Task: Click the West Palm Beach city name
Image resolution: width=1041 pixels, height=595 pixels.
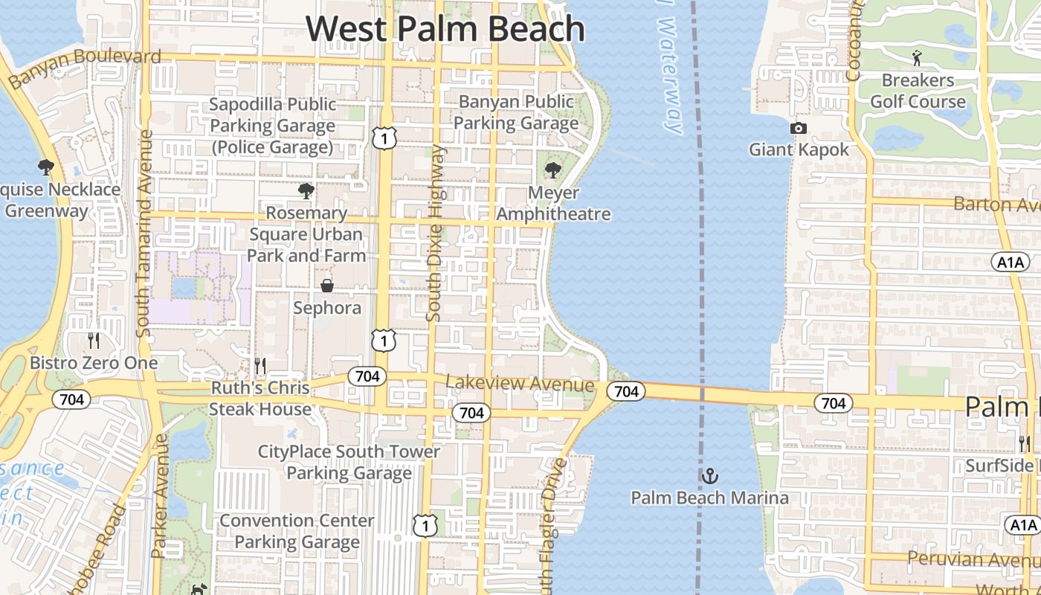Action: tap(445, 28)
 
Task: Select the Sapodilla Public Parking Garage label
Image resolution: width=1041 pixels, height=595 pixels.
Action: tap(272, 126)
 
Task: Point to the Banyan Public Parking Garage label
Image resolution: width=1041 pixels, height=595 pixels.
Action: tap(516, 112)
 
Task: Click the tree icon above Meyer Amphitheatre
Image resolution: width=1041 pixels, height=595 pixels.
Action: tap(552, 170)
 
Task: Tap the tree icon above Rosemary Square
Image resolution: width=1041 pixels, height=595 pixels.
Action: tap(306, 190)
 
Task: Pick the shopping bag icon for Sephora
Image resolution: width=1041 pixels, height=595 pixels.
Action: tap(326, 286)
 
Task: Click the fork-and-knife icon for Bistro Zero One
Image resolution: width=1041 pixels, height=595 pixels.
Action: tap(94, 341)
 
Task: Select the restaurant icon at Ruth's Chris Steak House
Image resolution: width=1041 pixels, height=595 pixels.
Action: tap(260, 365)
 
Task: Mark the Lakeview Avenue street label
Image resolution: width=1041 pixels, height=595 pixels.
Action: tap(520, 384)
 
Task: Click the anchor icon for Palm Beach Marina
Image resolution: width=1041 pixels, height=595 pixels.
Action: tap(710, 475)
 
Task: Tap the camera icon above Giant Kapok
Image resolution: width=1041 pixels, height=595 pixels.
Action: tap(799, 128)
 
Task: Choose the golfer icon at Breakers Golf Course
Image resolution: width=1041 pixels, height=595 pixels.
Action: tap(917, 57)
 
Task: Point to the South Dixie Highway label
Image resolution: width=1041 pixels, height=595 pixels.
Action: tap(436, 233)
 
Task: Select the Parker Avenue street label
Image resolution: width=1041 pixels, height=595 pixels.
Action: tap(159, 496)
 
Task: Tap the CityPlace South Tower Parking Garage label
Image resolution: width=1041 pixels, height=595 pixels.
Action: tap(349, 462)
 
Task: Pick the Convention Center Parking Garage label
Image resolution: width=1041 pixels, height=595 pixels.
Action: tap(297, 531)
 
